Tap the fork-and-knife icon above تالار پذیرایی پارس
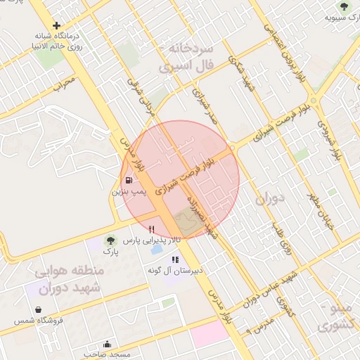tap(151, 229)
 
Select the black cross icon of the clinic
tap(56, 25)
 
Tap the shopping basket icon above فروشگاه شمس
tap(37, 309)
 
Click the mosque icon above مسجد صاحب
tap(107, 344)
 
